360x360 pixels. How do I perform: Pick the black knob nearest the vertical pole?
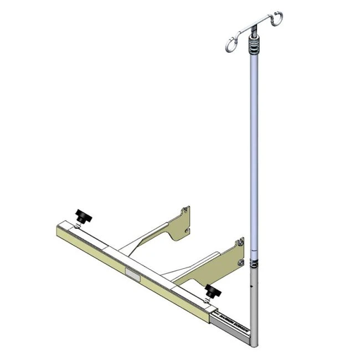tap(210, 291)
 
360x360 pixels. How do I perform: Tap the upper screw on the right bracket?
tap(240, 241)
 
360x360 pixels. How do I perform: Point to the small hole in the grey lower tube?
tap(252, 287)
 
